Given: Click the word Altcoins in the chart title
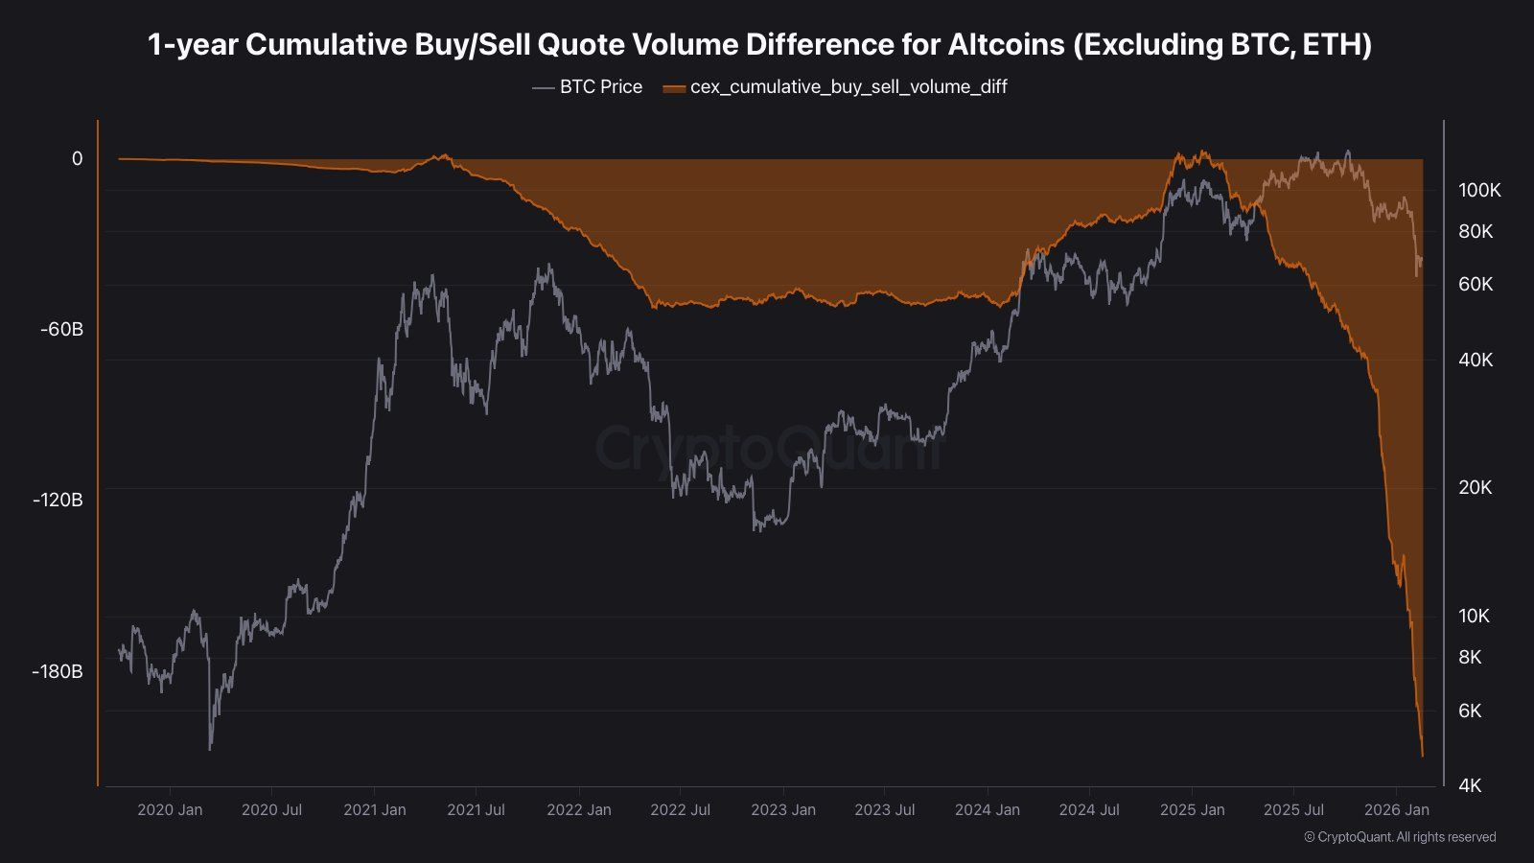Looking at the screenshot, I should tap(1006, 44).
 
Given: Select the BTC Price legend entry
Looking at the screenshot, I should tap(588, 87).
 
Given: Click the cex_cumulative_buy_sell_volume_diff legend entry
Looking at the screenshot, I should tap(835, 87).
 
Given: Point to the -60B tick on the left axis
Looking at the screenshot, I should tap(61, 330).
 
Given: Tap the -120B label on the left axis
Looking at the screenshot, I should tap(58, 501).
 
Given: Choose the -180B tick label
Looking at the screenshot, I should tap(58, 671).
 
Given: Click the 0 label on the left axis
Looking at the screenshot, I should tap(78, 159).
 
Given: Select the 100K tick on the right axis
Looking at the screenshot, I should tap(1479, 191).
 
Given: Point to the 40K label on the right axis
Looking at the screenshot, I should tap(1476, 361).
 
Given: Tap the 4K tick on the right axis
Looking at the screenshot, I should tap(1470, 786).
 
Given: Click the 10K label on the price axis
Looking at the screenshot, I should tap(1475, 617).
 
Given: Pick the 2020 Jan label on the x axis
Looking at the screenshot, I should tap(170, 810).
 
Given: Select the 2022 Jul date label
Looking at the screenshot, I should tap(680, 810).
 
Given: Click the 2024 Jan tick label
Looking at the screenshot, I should tap(987, 810).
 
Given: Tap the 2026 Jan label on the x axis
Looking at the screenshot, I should tap(1397, 810).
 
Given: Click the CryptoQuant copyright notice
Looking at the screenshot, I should tap(1400, 837).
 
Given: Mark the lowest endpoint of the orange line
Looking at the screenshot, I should tap(1423, 756).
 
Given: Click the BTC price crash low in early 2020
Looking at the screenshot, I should tap(210, 748).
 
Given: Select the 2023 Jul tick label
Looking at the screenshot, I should tap(884, 810).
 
